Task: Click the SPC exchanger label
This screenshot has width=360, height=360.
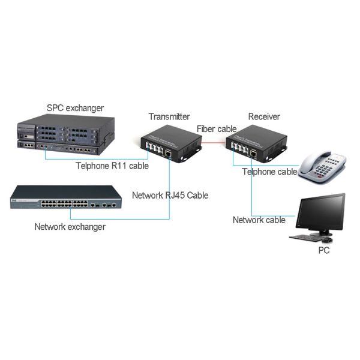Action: click(75, 108)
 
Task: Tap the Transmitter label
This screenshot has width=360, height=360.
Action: click(169, 116)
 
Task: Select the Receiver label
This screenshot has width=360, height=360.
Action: click(264, 116)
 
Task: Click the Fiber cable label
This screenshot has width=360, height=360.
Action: click(217, 128)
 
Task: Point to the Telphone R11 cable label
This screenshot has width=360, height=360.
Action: click(112, 166)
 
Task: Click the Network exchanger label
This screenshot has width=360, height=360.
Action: click(70, 227)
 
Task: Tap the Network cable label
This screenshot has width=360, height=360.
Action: click(259, 220)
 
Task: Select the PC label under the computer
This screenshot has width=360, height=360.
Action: click(323, 250)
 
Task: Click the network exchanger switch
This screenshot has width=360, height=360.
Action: click(65, 198)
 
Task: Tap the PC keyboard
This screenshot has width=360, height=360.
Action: click(307, 238)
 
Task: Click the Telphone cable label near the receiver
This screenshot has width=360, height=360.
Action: click(269, 172)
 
